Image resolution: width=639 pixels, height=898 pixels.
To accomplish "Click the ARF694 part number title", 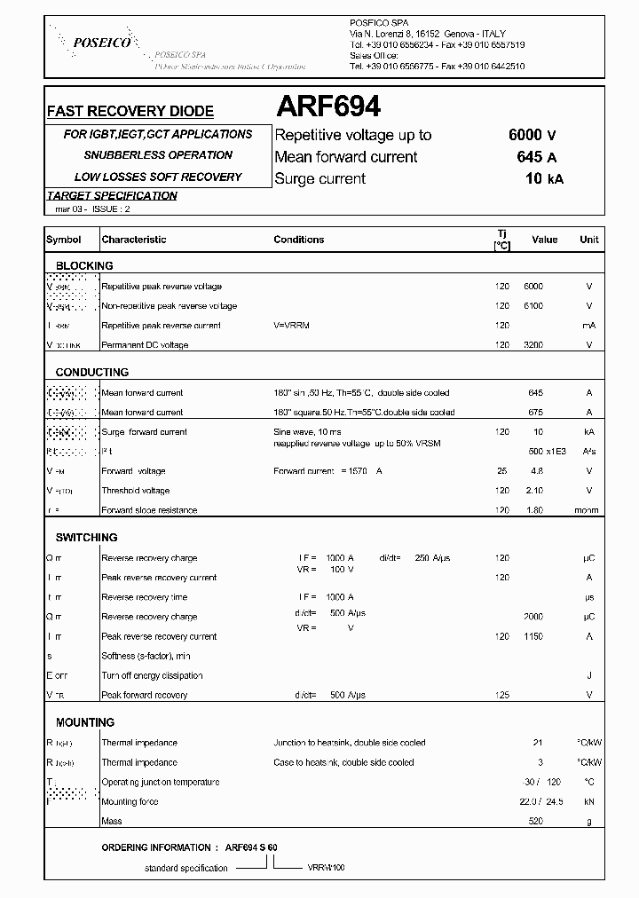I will [x=328, y=107].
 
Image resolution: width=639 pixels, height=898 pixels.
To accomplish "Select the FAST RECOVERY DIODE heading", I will [x=130, y=112].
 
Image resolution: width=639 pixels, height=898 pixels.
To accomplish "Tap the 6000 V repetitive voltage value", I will [x=532, y=135].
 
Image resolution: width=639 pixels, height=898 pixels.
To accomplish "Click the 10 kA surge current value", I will [x=543, y=178].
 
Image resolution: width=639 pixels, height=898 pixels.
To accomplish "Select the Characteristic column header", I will [x=134, y=240].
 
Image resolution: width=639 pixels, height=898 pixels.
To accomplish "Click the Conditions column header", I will [x=298, y=240].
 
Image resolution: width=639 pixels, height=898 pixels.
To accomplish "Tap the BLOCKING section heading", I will [x=84, y=266].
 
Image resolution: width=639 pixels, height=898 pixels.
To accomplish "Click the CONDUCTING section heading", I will [x=91, y=373].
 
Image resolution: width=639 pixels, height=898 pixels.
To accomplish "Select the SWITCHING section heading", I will [x=86, y=538].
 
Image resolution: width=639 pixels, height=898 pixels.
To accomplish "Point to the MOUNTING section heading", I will [x=84, y=722].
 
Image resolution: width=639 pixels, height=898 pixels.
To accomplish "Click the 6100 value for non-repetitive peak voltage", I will [x=532, y=306].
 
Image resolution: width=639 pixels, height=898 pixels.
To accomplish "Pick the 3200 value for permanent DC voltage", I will [x=532, y=345].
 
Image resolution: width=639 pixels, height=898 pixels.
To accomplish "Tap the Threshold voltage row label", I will [x=136, y=491].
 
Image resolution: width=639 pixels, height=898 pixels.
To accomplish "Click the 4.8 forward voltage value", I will [x=536, y=471].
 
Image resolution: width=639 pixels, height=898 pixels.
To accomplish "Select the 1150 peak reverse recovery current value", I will [x=532, y=636].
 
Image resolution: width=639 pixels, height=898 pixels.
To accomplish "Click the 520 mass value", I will [x=535, y=821].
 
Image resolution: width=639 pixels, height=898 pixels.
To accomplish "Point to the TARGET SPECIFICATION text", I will [x=112, y=196].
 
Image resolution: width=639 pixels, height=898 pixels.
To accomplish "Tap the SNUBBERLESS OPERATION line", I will [x=158, y=155].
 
